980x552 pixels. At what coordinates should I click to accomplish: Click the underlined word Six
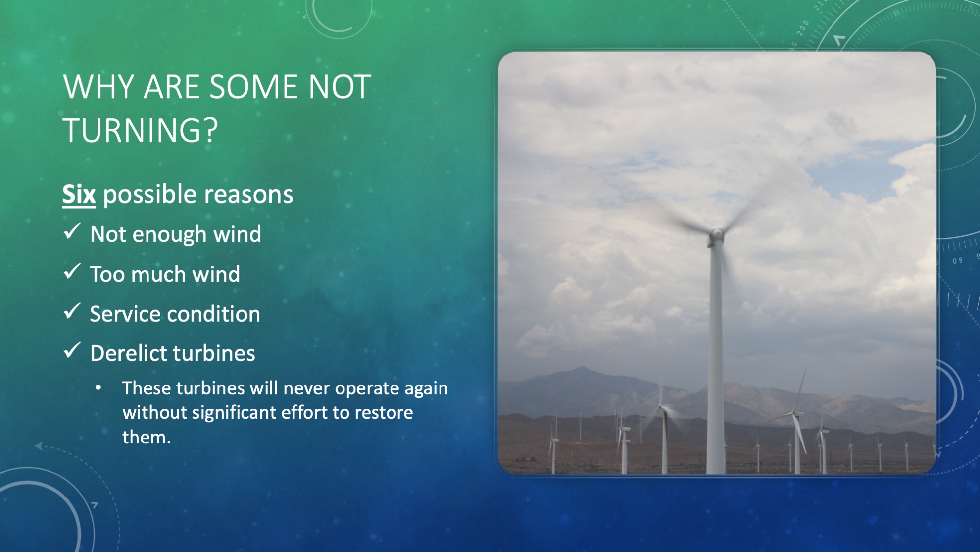point(79,194)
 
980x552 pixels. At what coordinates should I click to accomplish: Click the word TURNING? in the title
point(141,130)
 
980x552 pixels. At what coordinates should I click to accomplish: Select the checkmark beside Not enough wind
point(72,231)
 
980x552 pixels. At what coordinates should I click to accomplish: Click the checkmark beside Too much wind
point(72,272)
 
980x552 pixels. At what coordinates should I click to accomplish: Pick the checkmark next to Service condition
point(72,311)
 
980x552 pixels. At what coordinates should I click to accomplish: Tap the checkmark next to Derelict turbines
point(72,351)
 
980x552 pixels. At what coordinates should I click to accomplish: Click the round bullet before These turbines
point(98,388)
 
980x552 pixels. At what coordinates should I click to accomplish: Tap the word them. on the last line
point(147,437)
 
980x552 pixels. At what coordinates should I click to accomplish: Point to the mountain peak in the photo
point(582,368)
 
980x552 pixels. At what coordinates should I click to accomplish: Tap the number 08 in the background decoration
point(958,261)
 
